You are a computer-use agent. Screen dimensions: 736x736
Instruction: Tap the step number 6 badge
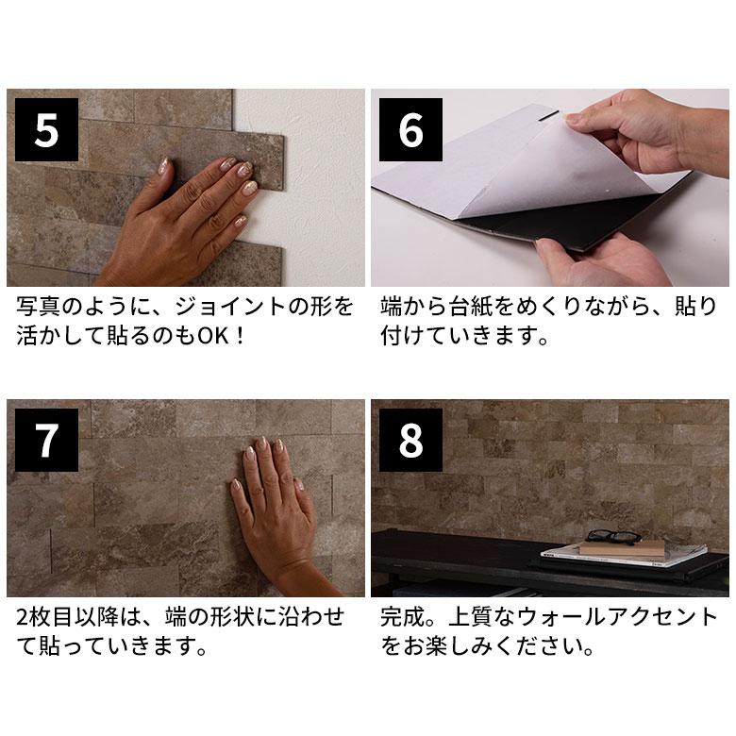[x=410, y=130]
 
